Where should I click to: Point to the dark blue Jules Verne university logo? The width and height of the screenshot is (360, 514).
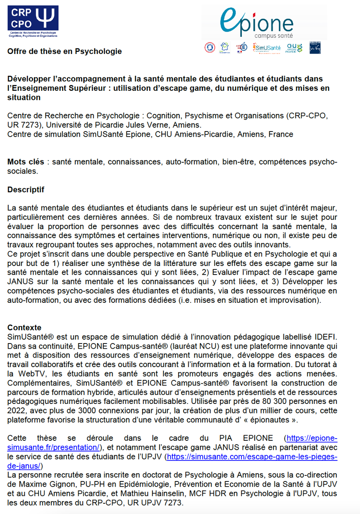pyautogui.click(x=315, y=48)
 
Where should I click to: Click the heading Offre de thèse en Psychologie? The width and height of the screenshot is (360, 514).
pyautogui.click(x=65, y=51)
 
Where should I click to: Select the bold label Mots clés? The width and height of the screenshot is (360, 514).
pyautogui.click(x=26, y=162)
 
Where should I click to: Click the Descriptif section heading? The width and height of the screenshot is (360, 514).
pyautogui.click(x=26, y=189)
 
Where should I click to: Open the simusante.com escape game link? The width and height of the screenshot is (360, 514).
pyautogui.click(x=252, y=456)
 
